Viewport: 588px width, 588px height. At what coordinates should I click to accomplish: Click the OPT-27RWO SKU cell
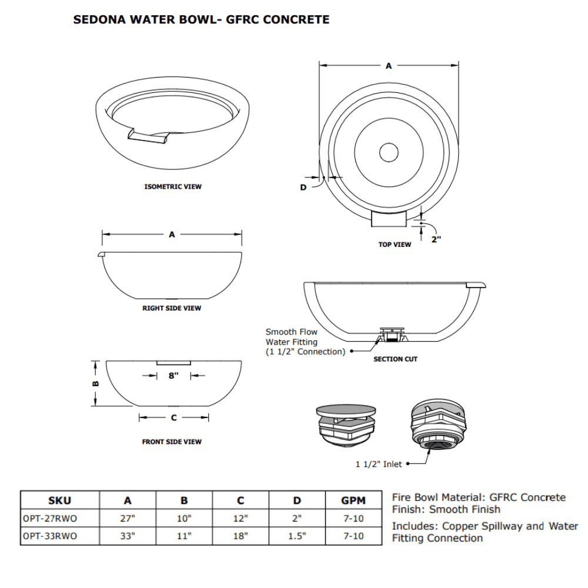(x=49, y=519)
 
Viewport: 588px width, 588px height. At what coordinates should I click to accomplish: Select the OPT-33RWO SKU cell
(x=49, y=536)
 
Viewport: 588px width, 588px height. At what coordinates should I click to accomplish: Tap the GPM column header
(x=353, y=501)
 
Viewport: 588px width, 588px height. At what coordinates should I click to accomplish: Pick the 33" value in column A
(x=128, y=536)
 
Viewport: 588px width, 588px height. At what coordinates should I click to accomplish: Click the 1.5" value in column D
(x=297, y=536)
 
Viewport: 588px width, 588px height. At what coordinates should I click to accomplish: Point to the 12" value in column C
(x=240, y=519)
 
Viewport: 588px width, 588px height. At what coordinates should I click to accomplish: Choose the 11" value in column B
(x=184, y=536)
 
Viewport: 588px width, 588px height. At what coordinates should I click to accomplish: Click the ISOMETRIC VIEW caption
(x=173, y=187)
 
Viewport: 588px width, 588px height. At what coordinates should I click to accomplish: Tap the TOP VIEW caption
(x=395, y=245)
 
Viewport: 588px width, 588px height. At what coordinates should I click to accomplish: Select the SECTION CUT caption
(x=395, y=359)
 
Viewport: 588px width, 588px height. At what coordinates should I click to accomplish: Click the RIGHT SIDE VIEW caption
(x=172, y=308)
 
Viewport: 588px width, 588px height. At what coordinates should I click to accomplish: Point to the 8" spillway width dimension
(x=173, y=376)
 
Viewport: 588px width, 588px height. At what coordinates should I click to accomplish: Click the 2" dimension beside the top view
(x=436, y=239)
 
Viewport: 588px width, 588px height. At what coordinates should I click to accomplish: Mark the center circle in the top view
(x=389, y=152)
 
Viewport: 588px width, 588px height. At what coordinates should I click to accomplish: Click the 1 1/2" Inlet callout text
(x=379, y=465)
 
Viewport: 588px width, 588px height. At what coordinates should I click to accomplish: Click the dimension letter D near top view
(x=303, y=187)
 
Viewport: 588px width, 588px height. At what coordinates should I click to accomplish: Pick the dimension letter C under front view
(x=173, y=418)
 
